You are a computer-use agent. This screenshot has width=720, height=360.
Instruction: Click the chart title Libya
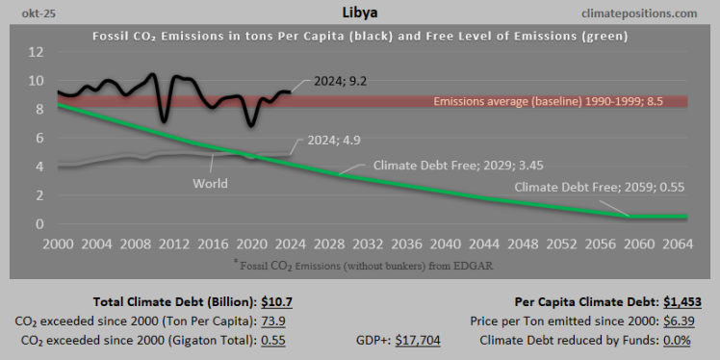point(359,13)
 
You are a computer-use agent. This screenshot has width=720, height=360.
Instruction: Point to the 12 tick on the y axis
point(37,51)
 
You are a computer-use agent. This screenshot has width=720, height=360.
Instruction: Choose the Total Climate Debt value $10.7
point(275,301)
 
